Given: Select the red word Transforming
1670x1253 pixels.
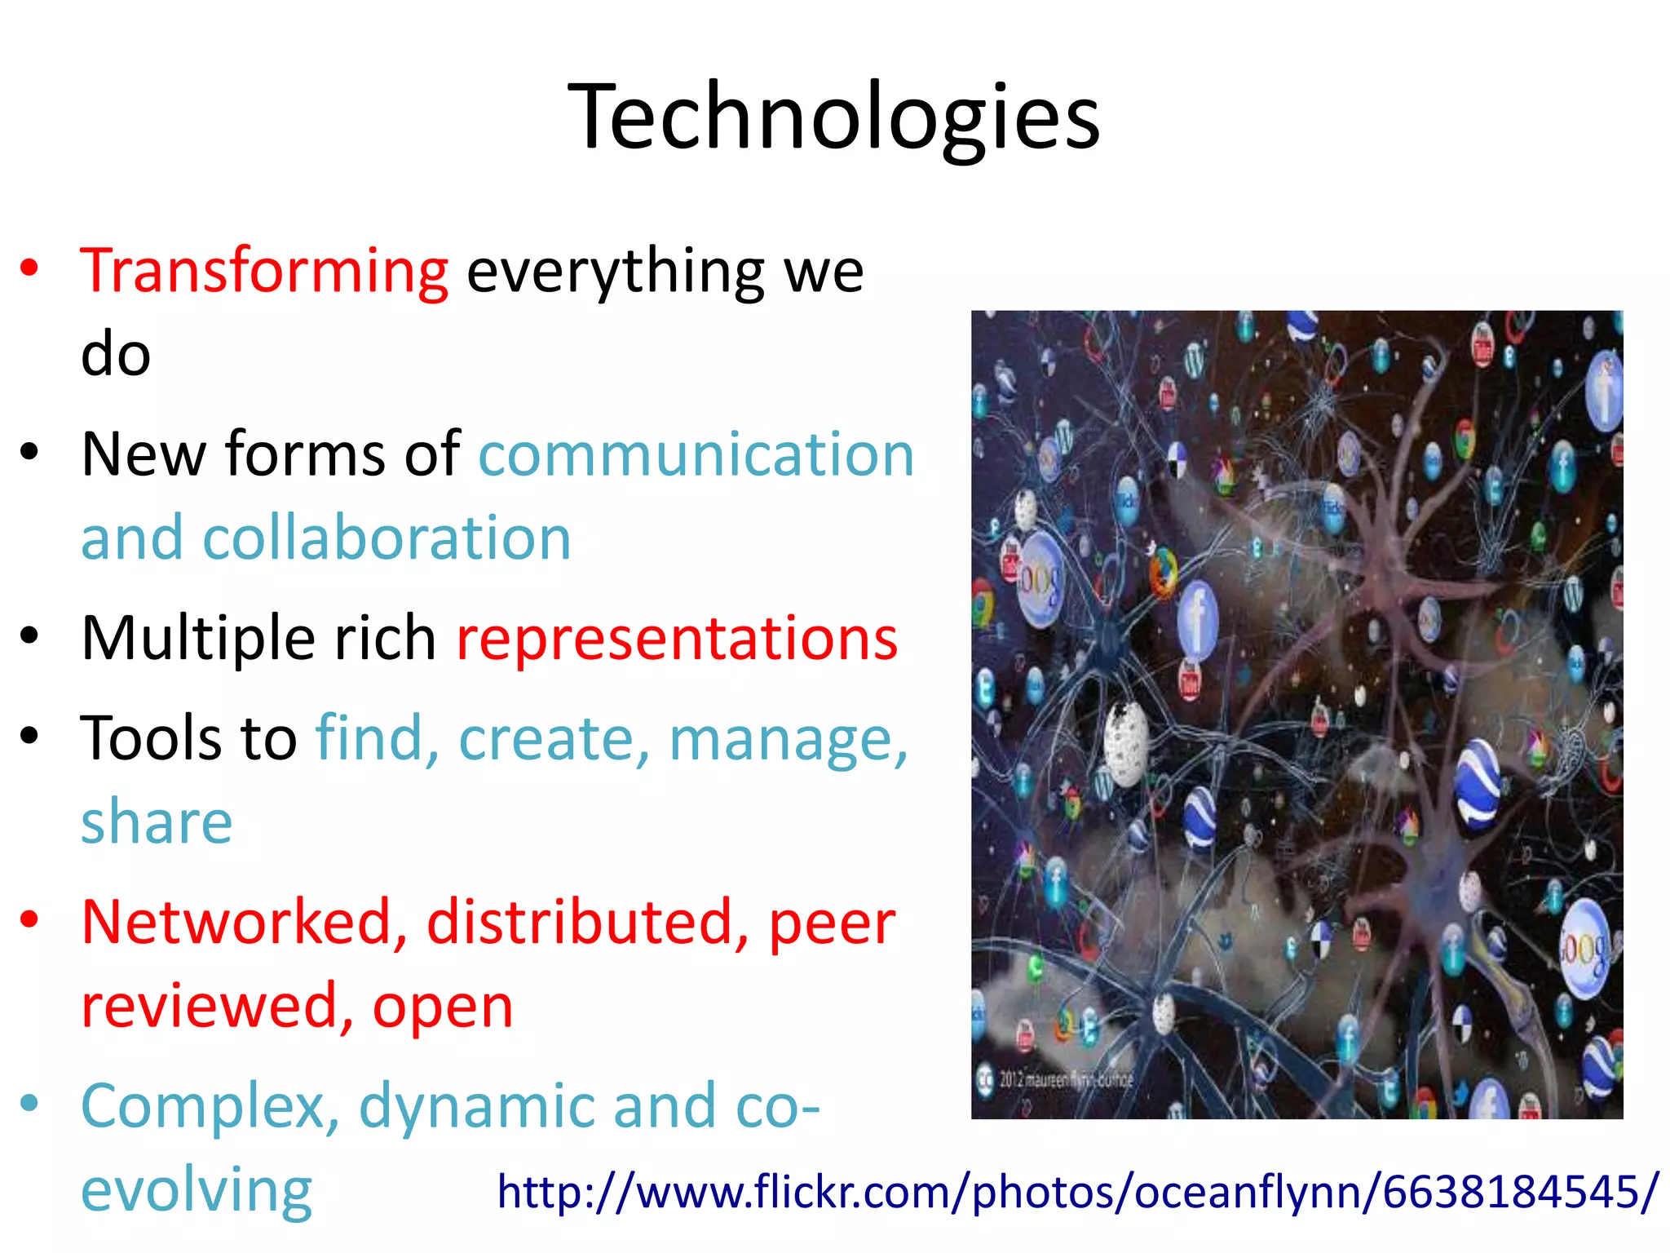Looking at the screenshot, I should [264, 271].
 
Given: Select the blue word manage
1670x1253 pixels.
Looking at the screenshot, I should [787, 739].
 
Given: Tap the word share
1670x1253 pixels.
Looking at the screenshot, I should [157, 821].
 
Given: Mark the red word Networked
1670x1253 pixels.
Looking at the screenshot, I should [244, 923].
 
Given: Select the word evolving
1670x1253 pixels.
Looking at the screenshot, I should [197, 1191].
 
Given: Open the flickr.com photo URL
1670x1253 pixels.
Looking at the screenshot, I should [1077, 1192].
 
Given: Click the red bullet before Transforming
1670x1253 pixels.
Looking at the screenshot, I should [30, 268].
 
